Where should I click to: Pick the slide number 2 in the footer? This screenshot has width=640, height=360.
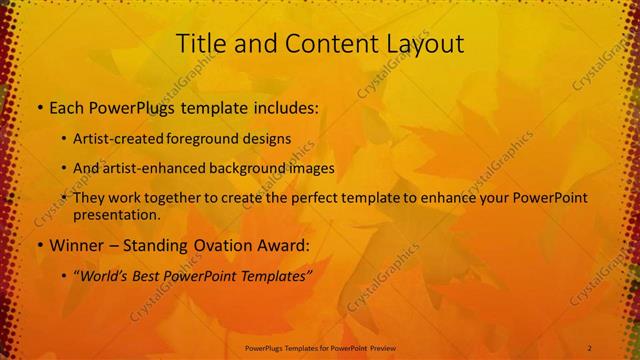click(590, 347)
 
